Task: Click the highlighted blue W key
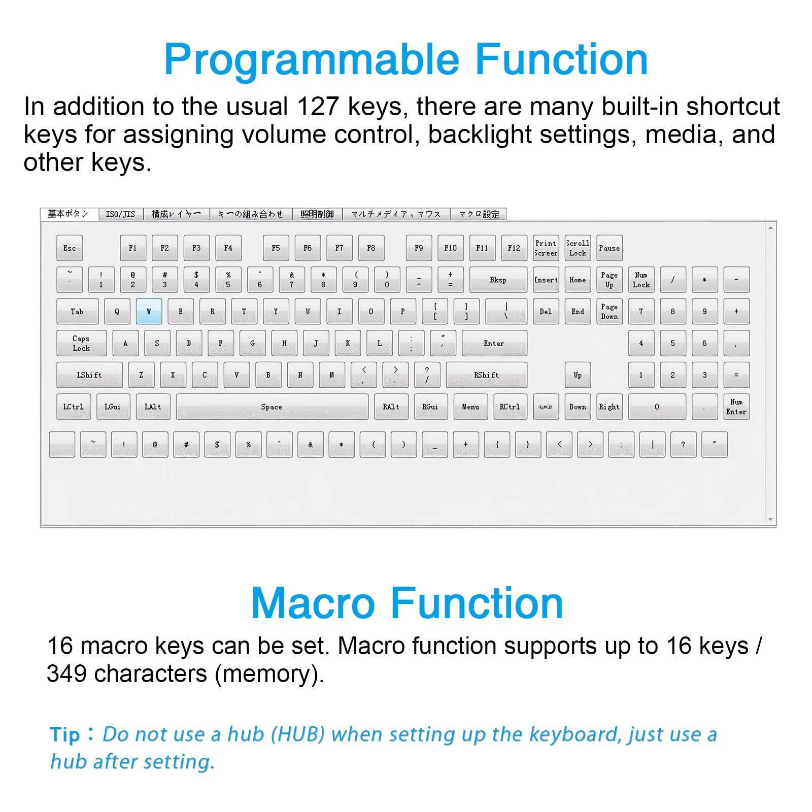pyautogui.click(x=149, y=311)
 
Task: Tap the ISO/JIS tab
pyautogui.click(x=120, y=214)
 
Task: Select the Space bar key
pyautogui.click(x=272, y=407)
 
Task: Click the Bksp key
pyautogui.click(x=498, y=280)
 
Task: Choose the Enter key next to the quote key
pyautogui.click(x=494, y=343)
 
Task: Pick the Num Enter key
pyautogui.click(x=736, y=407)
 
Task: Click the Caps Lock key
pyautogui.click(x=81, y=343)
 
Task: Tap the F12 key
pyautogui.click(x=514, y=248)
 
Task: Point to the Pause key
pyautogui.click(x=609, y=248)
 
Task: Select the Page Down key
pyautogui.click(x=609, y=311)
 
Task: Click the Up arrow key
pyautogui.click(x=578, y=375)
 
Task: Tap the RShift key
pyautogui.click(x=486, y=375)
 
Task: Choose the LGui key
pyautogui.click(x=113, y=407)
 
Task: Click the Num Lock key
pyautogui.click(x=641, y=280)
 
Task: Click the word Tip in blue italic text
pyautogui.click(x=65, y=735)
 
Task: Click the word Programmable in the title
pyautogui.click(x=311, y=59)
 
